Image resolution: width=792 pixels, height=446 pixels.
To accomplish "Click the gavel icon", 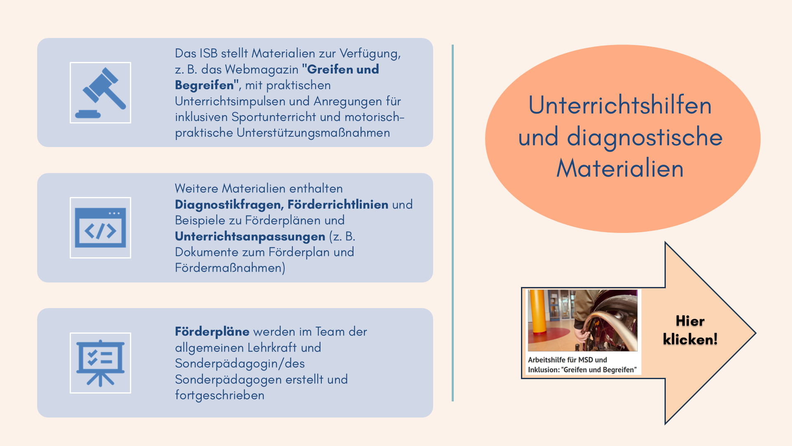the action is (x=100, y=93).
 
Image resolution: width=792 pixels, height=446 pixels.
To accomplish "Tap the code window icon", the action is (x=100, y=228).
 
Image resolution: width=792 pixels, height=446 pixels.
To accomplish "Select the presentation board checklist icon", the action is (x=100, y=363).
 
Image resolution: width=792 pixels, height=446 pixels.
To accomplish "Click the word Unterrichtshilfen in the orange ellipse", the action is (x=620, y=105).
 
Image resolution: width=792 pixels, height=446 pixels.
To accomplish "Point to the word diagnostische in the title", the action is (x=645, y=137).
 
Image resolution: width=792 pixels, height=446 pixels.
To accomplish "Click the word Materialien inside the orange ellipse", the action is (x=620, y=168).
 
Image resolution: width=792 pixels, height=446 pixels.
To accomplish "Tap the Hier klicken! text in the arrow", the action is (x=690, y=330).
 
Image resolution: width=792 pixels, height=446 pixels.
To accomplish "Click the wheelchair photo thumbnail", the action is (x=582, y=320).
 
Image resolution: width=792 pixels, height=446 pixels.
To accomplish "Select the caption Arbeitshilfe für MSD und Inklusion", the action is (x=582, y=365).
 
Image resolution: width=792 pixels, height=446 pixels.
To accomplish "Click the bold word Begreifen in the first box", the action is (x=205, y=85).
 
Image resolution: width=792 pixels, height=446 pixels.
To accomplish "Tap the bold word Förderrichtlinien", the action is (x=338, y=204).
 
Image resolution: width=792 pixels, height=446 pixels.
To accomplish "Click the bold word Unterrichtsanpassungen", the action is (x=250, y=236).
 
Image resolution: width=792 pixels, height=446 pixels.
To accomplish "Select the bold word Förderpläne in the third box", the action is (x=212, y=332).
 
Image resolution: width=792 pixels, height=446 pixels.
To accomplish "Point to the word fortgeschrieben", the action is (x=219, y=395).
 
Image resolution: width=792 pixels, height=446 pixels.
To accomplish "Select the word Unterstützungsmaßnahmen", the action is (x=313, y=133).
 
